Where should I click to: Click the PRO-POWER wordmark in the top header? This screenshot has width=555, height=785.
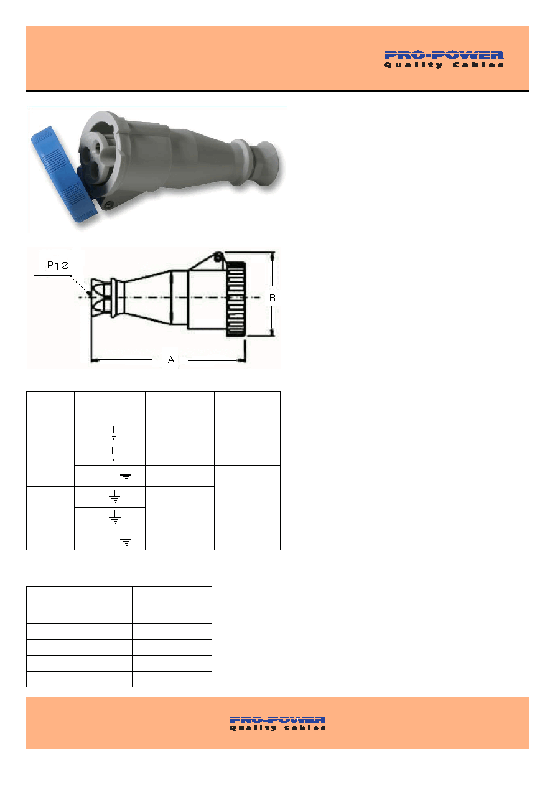click(x=444, y=55)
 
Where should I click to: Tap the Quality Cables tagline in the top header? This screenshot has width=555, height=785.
click(x=444, y=65)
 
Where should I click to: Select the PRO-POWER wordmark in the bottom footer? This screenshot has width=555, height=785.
click(x=277, y=720)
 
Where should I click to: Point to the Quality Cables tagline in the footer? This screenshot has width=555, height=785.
click(x=277, y=728)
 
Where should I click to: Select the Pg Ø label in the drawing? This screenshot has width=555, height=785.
click(x=58, y=265)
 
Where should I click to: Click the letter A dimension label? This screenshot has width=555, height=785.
click(x=171, y=360)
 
